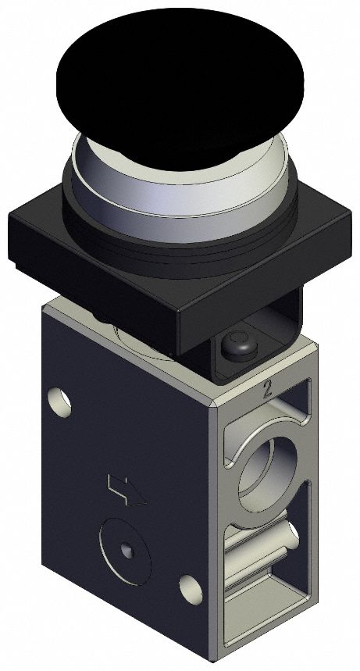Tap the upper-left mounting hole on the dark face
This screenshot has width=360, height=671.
[x=59, y=402]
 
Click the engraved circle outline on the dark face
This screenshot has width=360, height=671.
[x=105, y=539]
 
